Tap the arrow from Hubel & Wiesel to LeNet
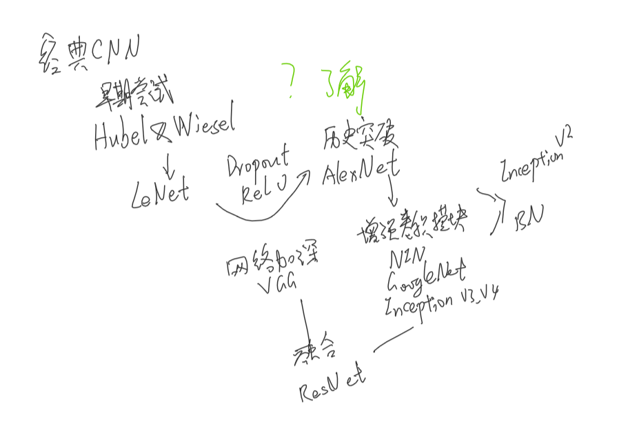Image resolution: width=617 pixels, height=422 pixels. (x=167, y=165)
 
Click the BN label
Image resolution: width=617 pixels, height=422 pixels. (x=531, y=218)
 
